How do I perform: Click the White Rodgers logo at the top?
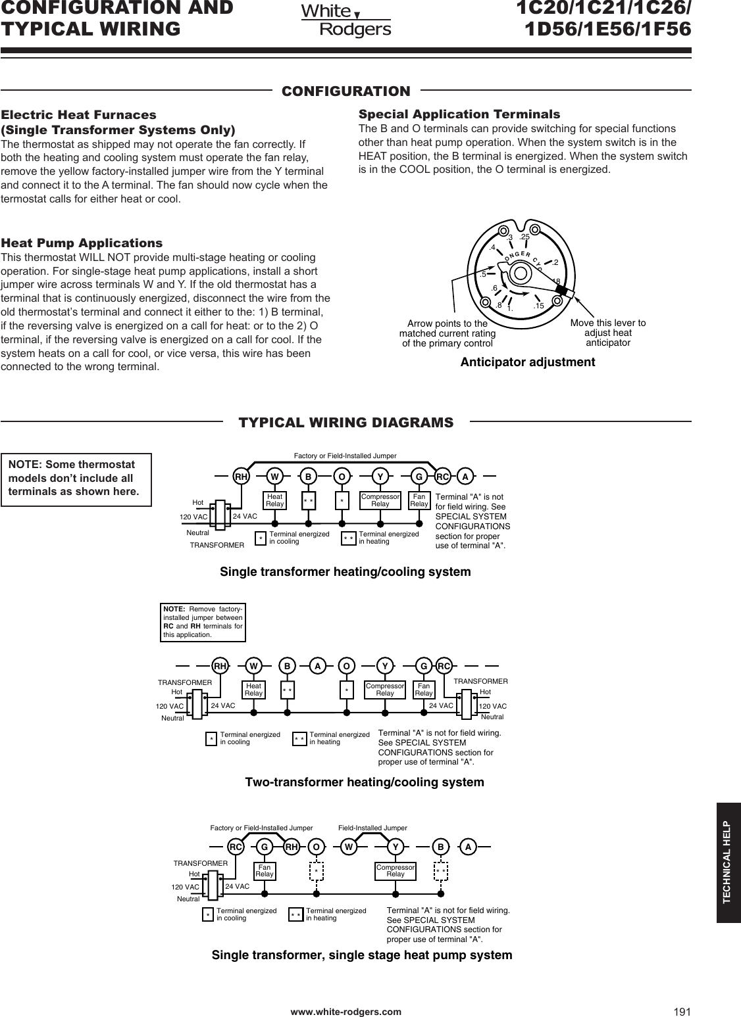click(x=345, y=20)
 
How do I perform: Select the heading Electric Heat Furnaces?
click(x=78, y=114)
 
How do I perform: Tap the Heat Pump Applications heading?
click(x=82, y=243)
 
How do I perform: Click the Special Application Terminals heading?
click(x=459, y=114)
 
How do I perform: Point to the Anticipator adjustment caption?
click(x=528, y=362)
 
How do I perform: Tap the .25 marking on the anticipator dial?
click(x=524, y=237)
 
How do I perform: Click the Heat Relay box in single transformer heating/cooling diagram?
click(x=274, y=501)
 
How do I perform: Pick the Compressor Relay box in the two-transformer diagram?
click(x=385, y=690)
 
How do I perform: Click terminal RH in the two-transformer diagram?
click(x=220, y=666)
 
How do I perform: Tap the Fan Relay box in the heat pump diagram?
click(x=265, y=871)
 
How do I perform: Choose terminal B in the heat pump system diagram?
click(x=442, y=847)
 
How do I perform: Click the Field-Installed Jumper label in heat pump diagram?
click(x=372, y=828)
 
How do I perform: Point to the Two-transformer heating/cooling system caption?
click(x=364, y=782)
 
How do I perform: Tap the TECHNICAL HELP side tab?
click(x=727, y=862)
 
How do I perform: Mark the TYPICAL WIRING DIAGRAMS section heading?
click(x=345, y=422)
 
